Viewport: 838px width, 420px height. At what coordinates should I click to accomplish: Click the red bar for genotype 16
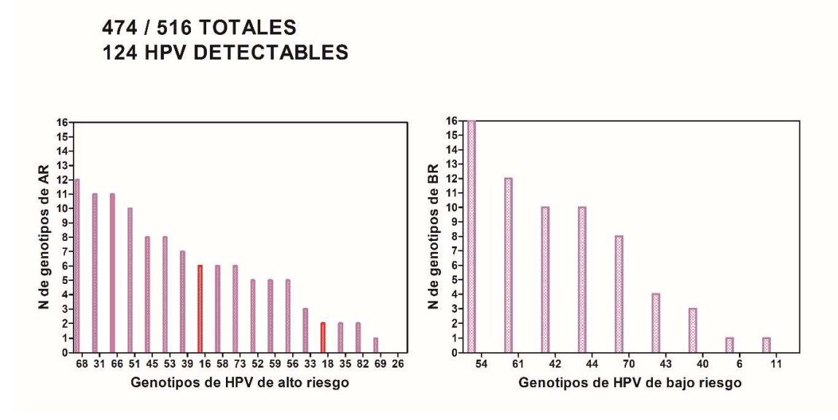[200, 309]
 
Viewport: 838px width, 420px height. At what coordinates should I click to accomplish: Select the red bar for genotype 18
[323, 338]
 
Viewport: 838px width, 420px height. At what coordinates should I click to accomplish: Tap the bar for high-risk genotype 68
[77, 266]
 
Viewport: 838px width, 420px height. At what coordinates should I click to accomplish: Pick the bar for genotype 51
[130, 280]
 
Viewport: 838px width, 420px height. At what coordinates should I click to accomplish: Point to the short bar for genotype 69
[375, 345]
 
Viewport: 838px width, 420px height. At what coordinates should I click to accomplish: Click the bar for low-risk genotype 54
[471, 237]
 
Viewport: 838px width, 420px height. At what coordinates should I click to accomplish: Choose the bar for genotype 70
[619, 294]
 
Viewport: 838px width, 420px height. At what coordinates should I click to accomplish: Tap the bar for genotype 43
[655, 323]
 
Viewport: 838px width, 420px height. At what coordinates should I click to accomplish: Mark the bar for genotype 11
[766, 345]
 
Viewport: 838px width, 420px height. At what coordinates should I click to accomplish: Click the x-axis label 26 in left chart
[393, 362]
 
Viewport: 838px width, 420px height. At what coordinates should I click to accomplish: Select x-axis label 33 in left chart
[305, 362]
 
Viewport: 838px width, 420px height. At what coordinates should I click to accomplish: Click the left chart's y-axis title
[46, 237]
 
